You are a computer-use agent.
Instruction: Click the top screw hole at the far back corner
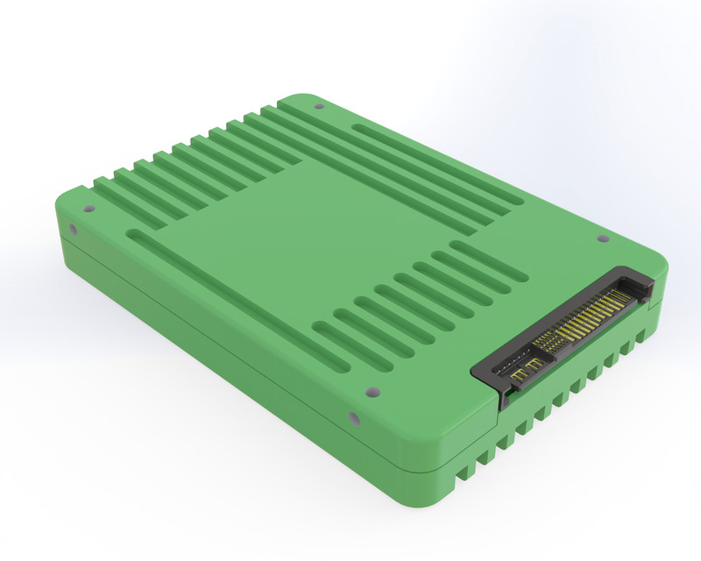[x=318, y=107]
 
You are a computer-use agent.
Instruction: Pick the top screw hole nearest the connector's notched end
[x=602, y=238]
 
